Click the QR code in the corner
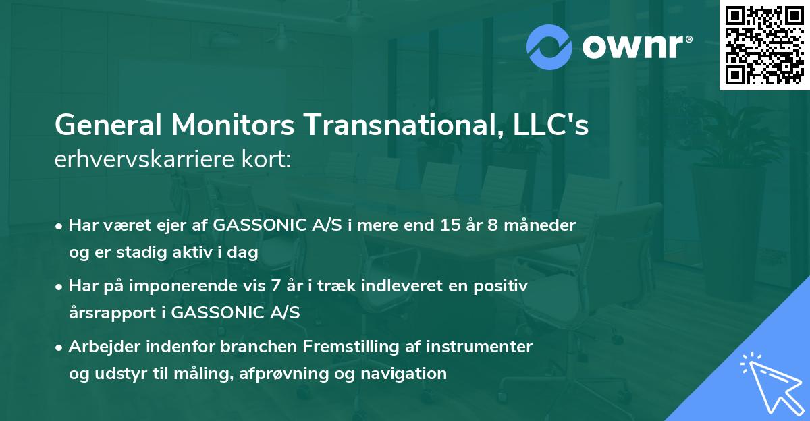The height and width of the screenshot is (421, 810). coord(764,45)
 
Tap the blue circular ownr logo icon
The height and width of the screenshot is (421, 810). coord(549,47)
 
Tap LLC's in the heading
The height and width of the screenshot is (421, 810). coord(549,126)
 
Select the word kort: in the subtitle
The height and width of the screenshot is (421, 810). coord(268,161)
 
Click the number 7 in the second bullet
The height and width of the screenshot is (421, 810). coord(274,286)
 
